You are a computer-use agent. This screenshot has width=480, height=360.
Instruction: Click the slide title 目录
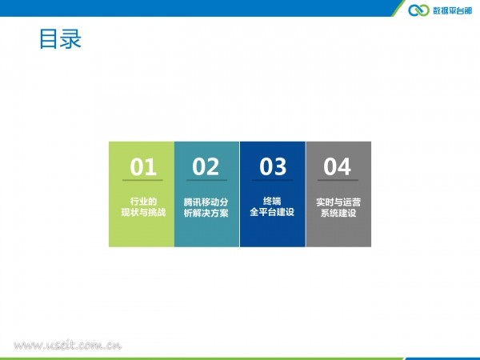click(x=60, y=39)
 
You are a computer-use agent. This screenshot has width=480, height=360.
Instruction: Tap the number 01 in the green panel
click(x=143, y=167)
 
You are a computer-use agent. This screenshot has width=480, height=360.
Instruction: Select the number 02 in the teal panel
click(x=206, y=167)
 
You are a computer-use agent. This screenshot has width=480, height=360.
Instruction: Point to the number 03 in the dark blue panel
click(x=273, y=167)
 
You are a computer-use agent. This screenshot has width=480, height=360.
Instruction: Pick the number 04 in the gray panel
click(x=337, y=167)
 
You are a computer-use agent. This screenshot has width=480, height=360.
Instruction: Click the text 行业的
click(x=143, y=202)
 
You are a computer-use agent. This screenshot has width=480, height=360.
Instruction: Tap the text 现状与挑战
click(x=143, y=212)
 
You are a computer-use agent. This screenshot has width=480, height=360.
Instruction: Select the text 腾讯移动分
click(x=206, y=202)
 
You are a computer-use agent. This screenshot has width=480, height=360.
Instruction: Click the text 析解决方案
click(x=206, y=213)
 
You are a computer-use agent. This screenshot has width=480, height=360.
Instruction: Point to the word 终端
click(x=272, y=201)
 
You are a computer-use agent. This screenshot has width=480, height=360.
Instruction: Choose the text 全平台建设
click(x=272, y=212)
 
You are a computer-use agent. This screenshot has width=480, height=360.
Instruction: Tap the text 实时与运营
click(x=338, y=202)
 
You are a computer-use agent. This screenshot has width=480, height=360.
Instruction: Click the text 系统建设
click(x=338, y=213)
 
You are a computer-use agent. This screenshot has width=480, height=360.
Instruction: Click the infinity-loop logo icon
click(x=418, y=10)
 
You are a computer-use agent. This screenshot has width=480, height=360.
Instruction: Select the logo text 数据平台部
click(x=453, y=10)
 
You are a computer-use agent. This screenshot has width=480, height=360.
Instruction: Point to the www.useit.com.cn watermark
click(x=68, y=346)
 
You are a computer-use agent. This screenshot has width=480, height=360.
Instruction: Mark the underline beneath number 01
click(x=142, y=180)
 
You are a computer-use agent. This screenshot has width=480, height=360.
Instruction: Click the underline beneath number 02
click(x=207, y=180)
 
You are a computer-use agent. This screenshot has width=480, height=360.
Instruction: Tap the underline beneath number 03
click(x=273, y=180)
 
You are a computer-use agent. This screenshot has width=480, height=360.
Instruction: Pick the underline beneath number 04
click(x=338, y=180)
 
